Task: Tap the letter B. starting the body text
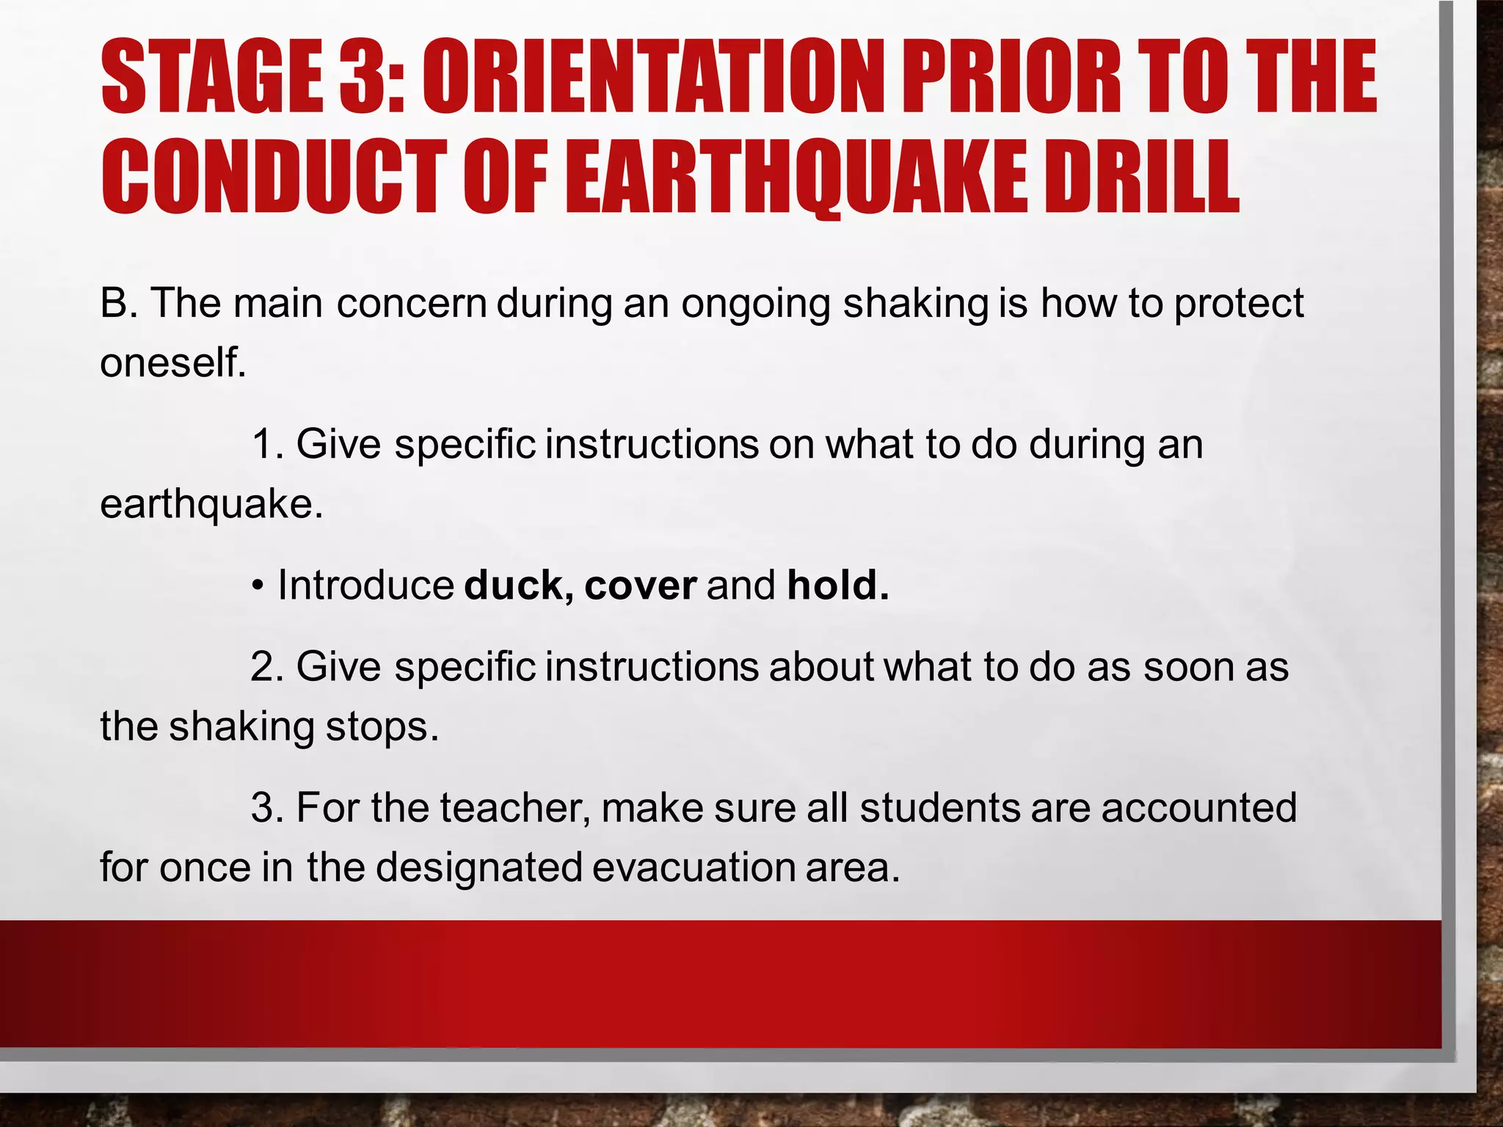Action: (x=118, y=302)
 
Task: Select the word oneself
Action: (x=172, y=362)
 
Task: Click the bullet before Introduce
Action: (x=257, y=586)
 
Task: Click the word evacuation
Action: (x=694, y=867)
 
